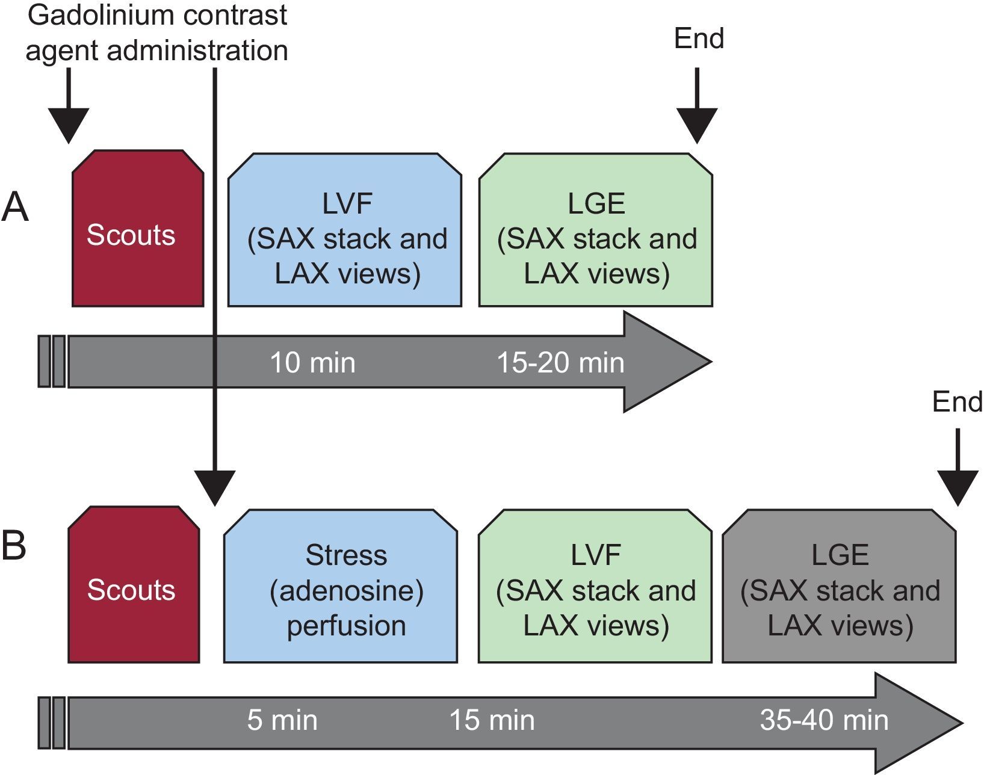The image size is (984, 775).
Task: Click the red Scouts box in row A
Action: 138,228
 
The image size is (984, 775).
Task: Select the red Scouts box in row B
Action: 134,584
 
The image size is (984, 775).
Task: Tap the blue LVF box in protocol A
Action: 345,229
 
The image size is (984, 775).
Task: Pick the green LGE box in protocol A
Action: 596,229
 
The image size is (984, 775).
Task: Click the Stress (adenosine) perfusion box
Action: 341,586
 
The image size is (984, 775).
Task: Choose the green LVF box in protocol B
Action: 595,586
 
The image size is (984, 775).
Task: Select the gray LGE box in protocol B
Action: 840,586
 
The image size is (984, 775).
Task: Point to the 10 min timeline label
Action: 313,363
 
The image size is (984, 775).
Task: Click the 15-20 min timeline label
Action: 560,363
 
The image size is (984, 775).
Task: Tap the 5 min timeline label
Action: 282,720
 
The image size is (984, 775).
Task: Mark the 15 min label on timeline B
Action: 492,720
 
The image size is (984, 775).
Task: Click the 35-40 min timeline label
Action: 824,720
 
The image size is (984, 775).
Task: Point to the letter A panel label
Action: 15,207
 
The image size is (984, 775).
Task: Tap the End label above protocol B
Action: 958,402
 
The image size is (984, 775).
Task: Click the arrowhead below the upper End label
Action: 697,126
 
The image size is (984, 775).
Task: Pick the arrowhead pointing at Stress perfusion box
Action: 215,489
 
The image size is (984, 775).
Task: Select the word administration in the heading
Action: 197,50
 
